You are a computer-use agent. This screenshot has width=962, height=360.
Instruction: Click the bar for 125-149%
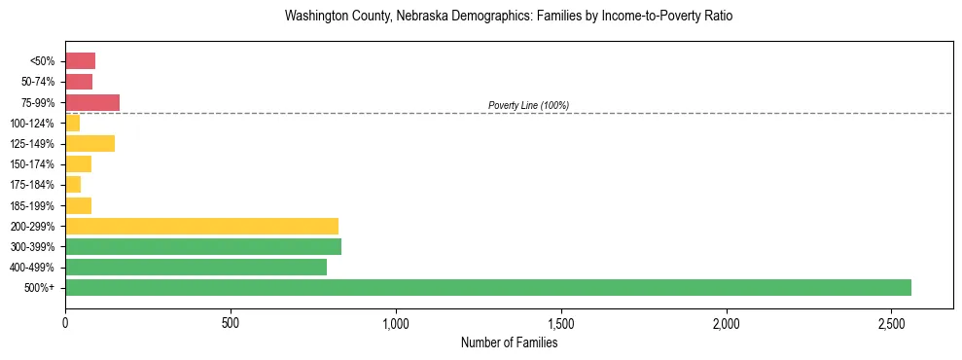89,143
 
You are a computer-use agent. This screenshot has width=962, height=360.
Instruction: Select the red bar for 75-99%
92,102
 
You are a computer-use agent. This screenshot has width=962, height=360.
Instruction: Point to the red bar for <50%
80,61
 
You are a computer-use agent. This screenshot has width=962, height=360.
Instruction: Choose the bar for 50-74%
79,82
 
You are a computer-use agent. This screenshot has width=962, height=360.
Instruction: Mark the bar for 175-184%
73,184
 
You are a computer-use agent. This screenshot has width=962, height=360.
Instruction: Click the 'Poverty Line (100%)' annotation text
528,105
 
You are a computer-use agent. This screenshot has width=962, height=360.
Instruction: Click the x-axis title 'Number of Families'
509,342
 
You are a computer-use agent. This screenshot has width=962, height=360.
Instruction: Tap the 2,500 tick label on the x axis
891,323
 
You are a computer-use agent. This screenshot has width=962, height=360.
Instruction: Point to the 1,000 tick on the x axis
396,323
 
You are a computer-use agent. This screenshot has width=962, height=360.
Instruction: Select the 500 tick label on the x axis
231,323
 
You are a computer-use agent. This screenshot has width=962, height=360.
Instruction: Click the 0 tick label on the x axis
65,323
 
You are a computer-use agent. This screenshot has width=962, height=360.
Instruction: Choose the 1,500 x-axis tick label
561,323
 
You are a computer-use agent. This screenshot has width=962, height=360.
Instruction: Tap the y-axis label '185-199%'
32,205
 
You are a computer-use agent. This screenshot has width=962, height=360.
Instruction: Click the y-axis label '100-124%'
32,124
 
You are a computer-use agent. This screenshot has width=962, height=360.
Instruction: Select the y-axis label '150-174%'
32,164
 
